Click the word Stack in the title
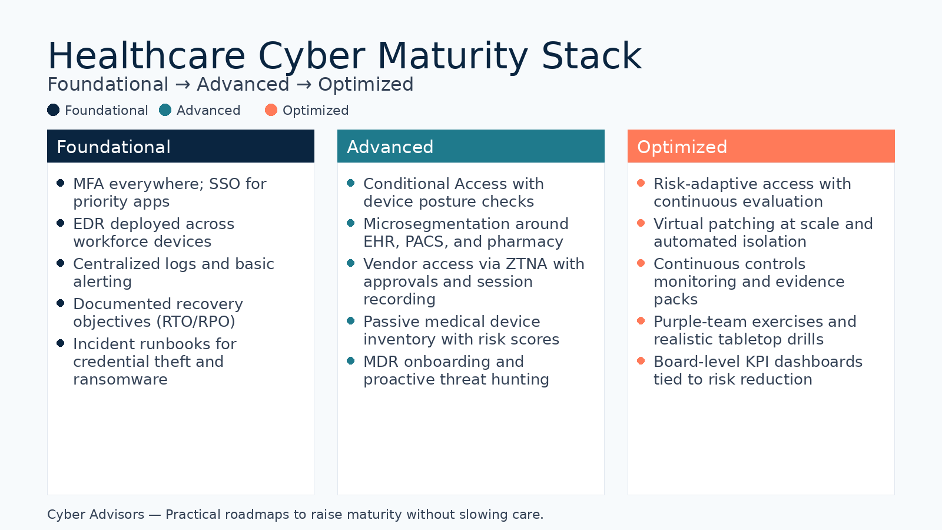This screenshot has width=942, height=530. (591, 56)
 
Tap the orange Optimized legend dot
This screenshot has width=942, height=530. (271, 110)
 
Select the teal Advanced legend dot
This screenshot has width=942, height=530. (165, 110)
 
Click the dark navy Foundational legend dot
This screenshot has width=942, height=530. (54, 110)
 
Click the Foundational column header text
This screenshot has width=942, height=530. (114, 147)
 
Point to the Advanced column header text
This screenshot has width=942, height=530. (390, 147)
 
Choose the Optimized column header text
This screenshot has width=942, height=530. (682, 147)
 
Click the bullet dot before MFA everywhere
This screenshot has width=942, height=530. (61, 183)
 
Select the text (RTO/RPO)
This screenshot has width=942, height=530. (195, 322)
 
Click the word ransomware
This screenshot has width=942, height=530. (120, 379)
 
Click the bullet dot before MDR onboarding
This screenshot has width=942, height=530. (351, 361)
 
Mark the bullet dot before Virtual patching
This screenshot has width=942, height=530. (641, 223)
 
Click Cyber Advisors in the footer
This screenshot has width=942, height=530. (95, 515)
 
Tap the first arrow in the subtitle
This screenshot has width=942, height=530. (183, 85)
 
